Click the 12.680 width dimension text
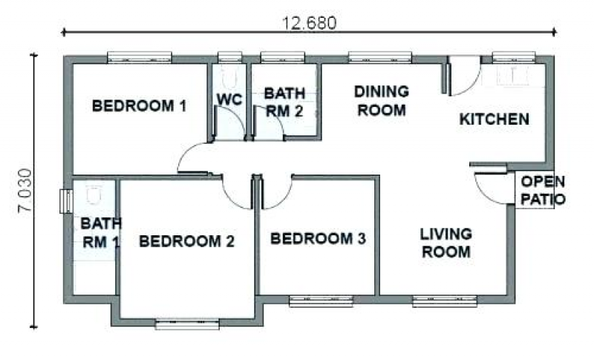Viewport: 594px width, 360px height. click(310, 23)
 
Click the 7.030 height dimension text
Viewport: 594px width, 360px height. click(26, 191)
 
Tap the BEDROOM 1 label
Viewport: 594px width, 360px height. click(140, 105)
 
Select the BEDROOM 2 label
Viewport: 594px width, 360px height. click(187, 241)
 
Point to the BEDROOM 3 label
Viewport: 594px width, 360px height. click(318, 238)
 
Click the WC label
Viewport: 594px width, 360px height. click(229, 99)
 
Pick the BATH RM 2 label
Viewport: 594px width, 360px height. click(284, 102)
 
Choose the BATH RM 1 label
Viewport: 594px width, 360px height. click(101, 233)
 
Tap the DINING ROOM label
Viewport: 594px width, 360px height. click(382, 101)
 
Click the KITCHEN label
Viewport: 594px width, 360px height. click(495, 120)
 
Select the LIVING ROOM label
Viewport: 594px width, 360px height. click(446, 243)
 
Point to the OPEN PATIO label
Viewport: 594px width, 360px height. click(543, 191)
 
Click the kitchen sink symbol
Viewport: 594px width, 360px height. click(512, 75)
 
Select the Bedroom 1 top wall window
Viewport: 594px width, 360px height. click(140, 58)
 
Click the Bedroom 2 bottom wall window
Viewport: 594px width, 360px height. click(187, 324)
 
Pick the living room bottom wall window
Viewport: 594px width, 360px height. click(444, 301)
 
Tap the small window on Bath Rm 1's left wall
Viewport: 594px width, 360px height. click(66, 201)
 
